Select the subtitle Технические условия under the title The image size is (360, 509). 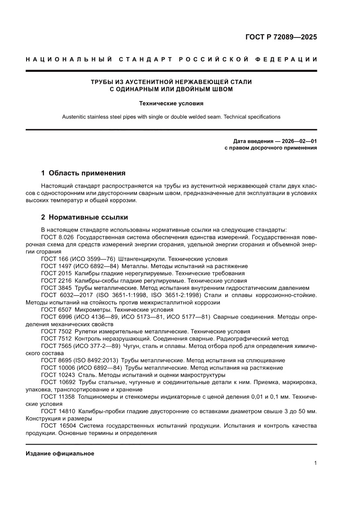click(171, 104)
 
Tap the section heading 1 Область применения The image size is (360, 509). click(83, 173)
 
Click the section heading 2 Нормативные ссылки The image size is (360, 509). click(84, 217)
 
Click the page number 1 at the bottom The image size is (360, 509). click(315, 463)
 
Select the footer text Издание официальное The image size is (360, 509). click(60, 453)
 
